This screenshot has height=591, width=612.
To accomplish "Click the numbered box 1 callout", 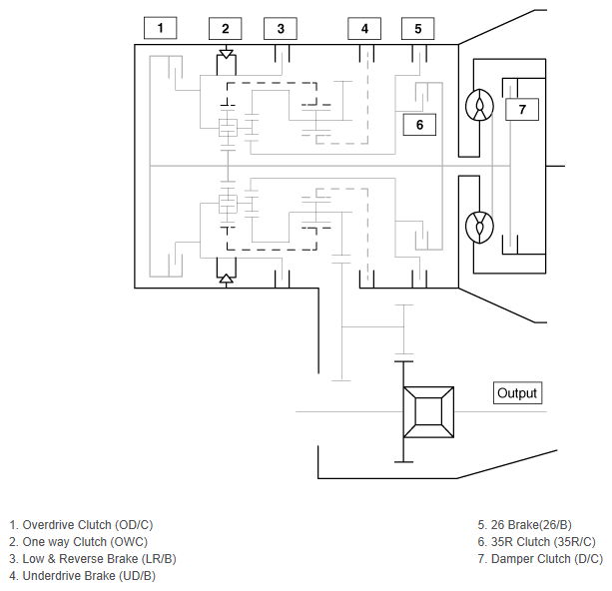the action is (x=160, y=28).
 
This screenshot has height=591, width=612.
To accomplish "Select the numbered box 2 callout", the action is (x=226, y=29).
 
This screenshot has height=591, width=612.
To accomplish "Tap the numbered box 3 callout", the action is (x=281, y=29).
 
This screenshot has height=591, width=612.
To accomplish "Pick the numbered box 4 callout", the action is (x=364, y=29).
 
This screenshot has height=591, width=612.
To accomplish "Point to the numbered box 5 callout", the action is (x=417, y=29).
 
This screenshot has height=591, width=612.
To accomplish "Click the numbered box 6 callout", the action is (x=419, y=125).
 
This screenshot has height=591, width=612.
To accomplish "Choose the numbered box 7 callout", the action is (x=522, y=109).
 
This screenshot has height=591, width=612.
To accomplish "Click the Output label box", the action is (x=517, y=392).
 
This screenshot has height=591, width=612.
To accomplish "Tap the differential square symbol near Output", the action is (x=428, y=412).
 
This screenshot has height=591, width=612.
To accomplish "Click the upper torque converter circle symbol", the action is (x=479, y=105).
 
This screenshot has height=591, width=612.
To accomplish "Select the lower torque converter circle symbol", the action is (x=479, y=227).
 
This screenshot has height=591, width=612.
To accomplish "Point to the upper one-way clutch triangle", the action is (x=226, y=54).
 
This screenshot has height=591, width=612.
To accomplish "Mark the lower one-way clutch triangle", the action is (x=226, y=279).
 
